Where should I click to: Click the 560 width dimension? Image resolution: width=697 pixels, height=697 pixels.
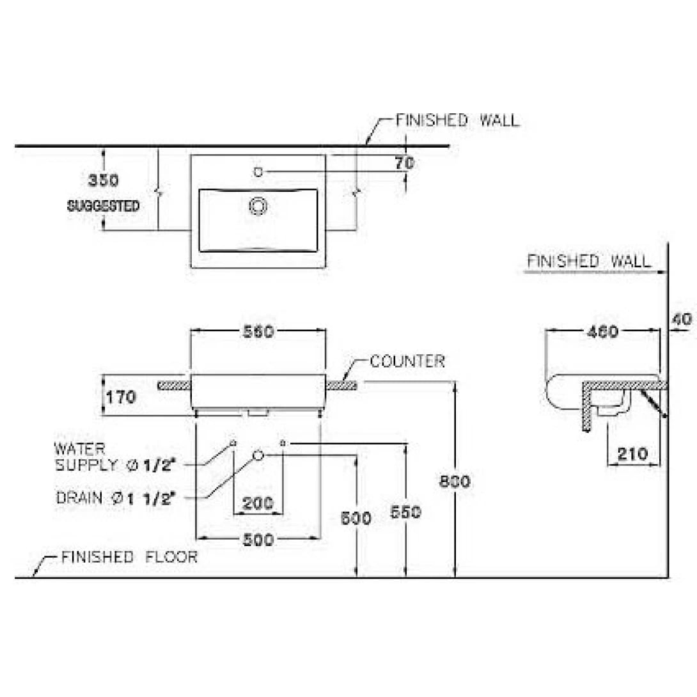(259, 331)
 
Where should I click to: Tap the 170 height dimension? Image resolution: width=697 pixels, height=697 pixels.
(121, 397)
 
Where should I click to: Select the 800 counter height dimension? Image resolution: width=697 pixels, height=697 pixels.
(455, 482)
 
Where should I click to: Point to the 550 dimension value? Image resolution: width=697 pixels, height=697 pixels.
(405, 512)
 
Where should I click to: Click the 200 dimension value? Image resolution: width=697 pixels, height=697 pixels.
(258, 503)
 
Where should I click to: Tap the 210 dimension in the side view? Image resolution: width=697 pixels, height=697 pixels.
(633, 454)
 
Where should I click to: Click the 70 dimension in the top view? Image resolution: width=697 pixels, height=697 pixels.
(404, 163)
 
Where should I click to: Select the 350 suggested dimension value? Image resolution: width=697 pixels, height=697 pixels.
(103, 180)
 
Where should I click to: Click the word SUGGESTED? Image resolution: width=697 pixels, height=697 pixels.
(104, 207)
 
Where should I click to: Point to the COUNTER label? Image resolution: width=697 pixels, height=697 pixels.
(407, 361)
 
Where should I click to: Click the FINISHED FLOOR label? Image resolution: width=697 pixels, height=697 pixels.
(129, 557)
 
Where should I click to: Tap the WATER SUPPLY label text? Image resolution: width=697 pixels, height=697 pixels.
(115, 457)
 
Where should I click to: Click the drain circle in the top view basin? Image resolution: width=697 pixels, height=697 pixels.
(258, 205)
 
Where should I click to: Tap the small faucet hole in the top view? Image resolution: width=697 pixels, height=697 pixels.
(258, 171)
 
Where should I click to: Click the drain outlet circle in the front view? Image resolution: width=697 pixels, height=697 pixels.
(258, 455)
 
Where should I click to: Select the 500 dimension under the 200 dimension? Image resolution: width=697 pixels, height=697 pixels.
(259, 540)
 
